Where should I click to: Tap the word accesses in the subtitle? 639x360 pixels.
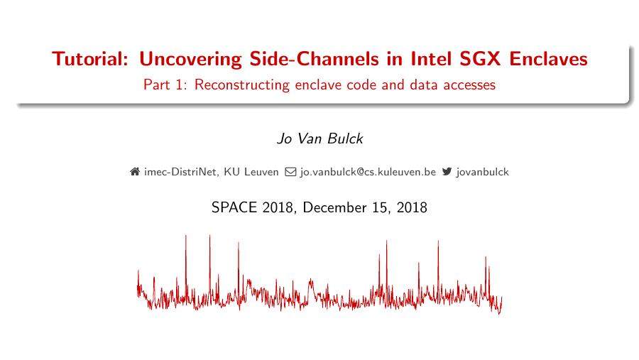(468, 85)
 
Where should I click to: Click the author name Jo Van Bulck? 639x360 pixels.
(319, 138)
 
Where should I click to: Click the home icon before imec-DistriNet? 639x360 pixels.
(135, 172)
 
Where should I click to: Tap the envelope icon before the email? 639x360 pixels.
(290, 172)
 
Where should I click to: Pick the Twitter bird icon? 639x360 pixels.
(447, 172)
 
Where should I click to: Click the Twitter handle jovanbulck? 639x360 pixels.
(483, 172)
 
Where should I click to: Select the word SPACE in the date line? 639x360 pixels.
(235, 208)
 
